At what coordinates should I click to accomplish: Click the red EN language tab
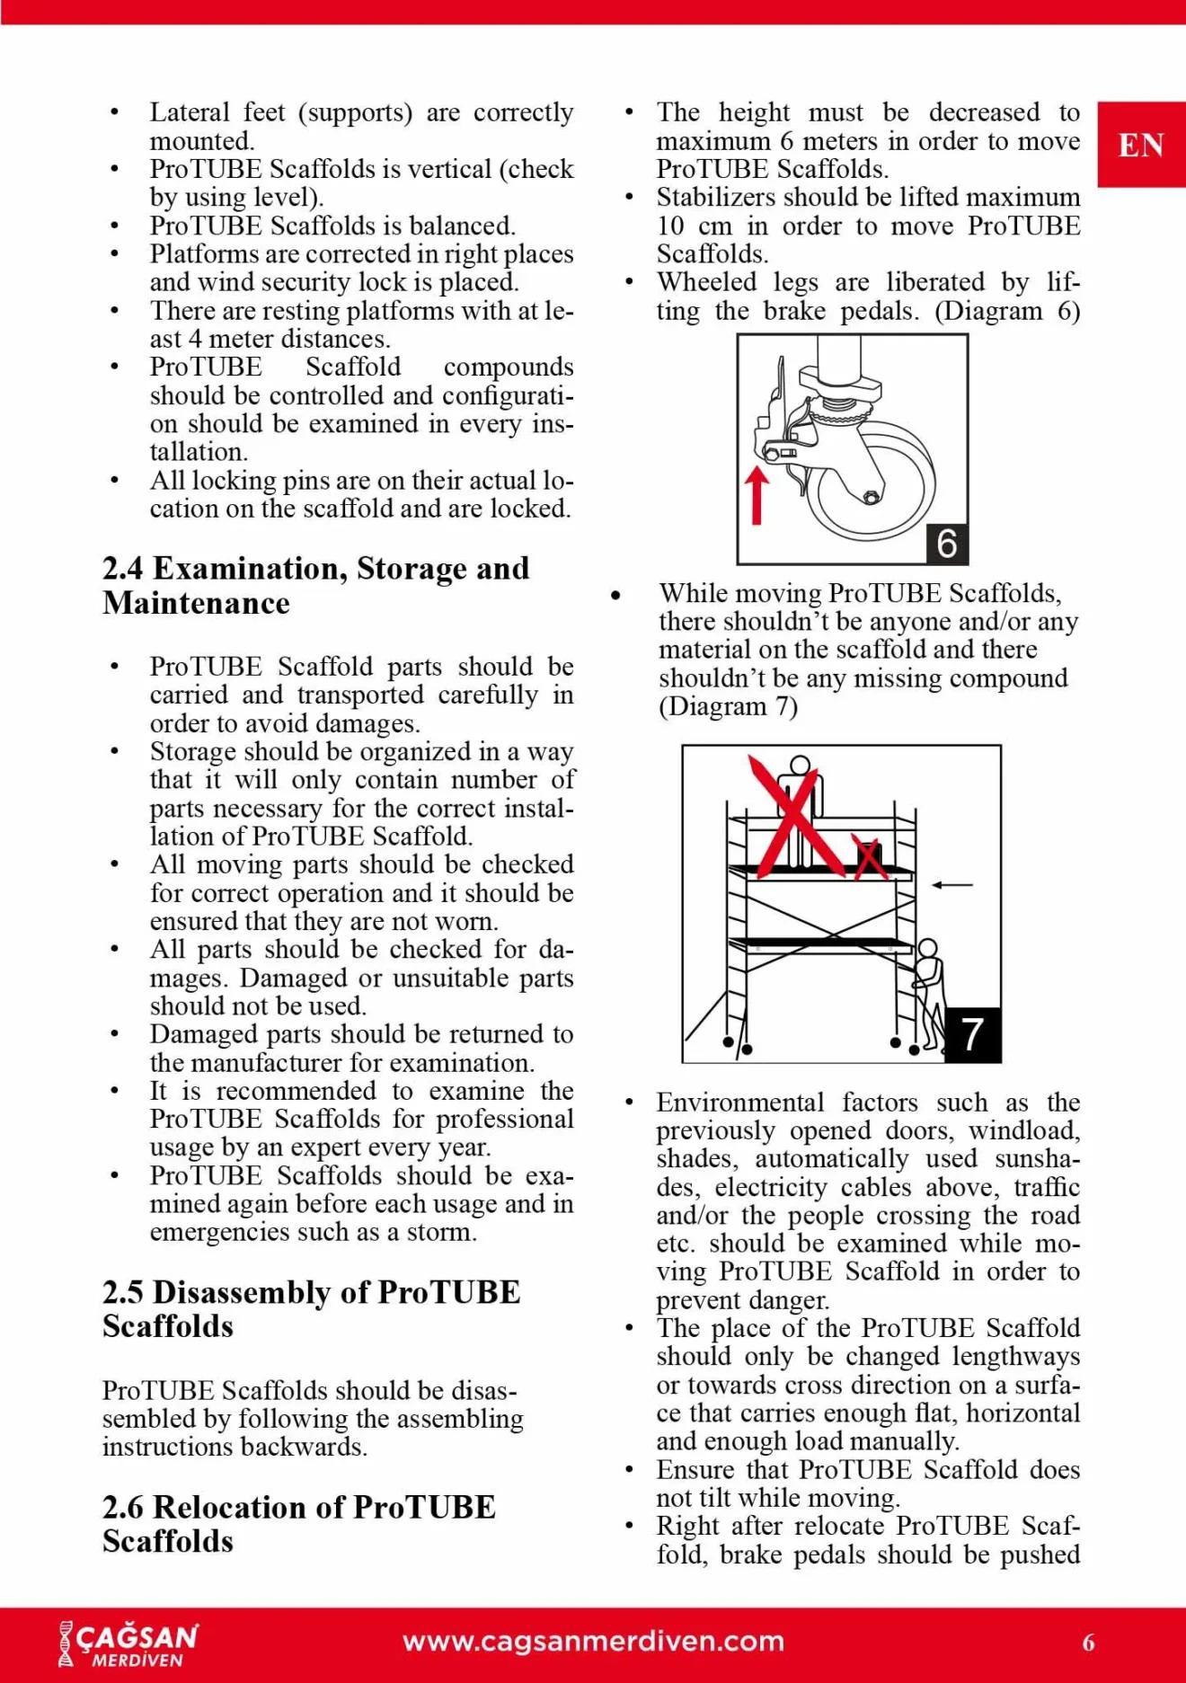(1141, 145)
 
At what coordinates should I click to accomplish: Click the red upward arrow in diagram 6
(757, 493)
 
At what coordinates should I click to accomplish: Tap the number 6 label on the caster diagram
(947, 544)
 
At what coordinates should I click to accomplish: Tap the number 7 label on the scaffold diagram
(972, 1034)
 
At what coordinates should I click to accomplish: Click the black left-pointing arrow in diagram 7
(952, 885)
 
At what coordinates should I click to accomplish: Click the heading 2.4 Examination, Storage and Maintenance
(315, 585)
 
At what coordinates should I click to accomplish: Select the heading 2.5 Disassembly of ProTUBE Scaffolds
(311, 1308)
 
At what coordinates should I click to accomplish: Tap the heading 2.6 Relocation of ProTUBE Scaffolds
(298, 1523)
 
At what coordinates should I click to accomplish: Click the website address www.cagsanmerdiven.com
(593, 1642)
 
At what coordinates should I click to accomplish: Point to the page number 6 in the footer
(1088, 1643)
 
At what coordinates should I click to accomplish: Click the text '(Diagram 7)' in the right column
(728, 706)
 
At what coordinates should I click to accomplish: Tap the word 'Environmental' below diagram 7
(739, 1103)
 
